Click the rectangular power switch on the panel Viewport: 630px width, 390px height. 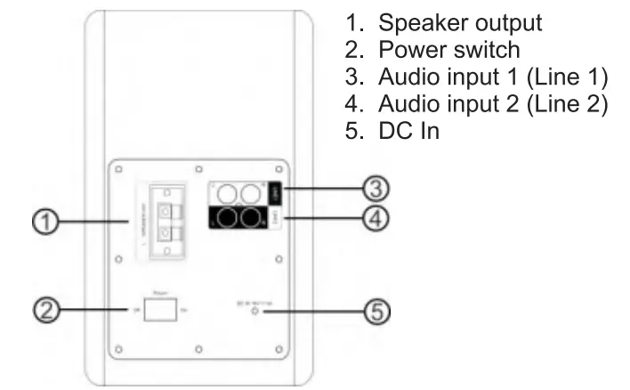[x=161, y=311]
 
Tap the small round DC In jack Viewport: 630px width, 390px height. [x=257, y=311]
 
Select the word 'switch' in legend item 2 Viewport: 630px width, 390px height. [x=480, y=50]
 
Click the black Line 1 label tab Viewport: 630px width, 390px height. [x=275, y=191]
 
